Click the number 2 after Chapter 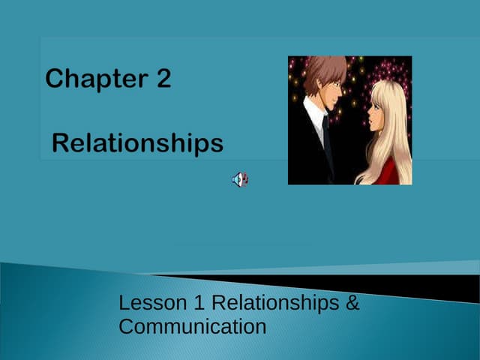[x=163, y=79]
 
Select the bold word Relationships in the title [x=138, y=142]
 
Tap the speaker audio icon [x=239, y=179]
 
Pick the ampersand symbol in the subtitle [x=353, y=304]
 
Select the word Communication [x=193, y=327]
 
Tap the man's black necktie [x=328, y=142]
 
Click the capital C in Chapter [x=54, y=79]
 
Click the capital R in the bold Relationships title [x=61, y=142]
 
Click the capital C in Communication [x=127, y=327]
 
